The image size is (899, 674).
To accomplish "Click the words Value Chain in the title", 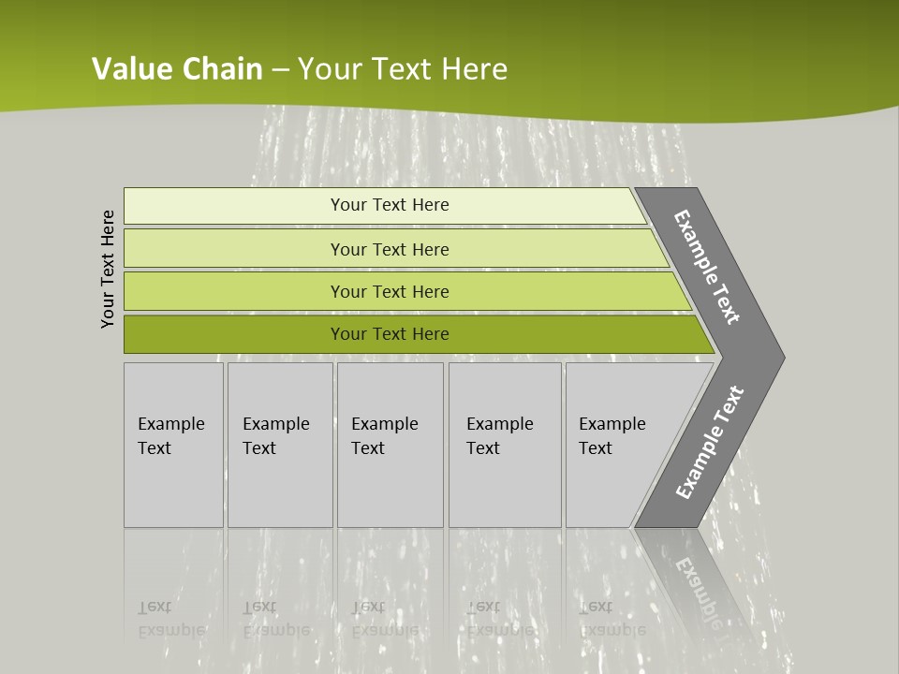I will pos(177,69).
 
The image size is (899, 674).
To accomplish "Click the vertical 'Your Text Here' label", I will pos(108,269).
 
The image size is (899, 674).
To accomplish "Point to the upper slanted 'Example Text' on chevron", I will pos(707,267).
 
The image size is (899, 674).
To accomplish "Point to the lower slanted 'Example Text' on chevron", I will pos(710,443).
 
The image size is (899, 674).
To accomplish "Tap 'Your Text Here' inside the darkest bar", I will pos(390,334).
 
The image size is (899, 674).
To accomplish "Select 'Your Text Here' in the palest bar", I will pos(390,205).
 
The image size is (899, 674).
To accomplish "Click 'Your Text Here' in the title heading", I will pos(403,69).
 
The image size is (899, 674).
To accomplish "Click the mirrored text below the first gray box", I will pos(171,618).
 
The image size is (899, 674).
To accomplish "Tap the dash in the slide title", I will pos(280,70).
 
